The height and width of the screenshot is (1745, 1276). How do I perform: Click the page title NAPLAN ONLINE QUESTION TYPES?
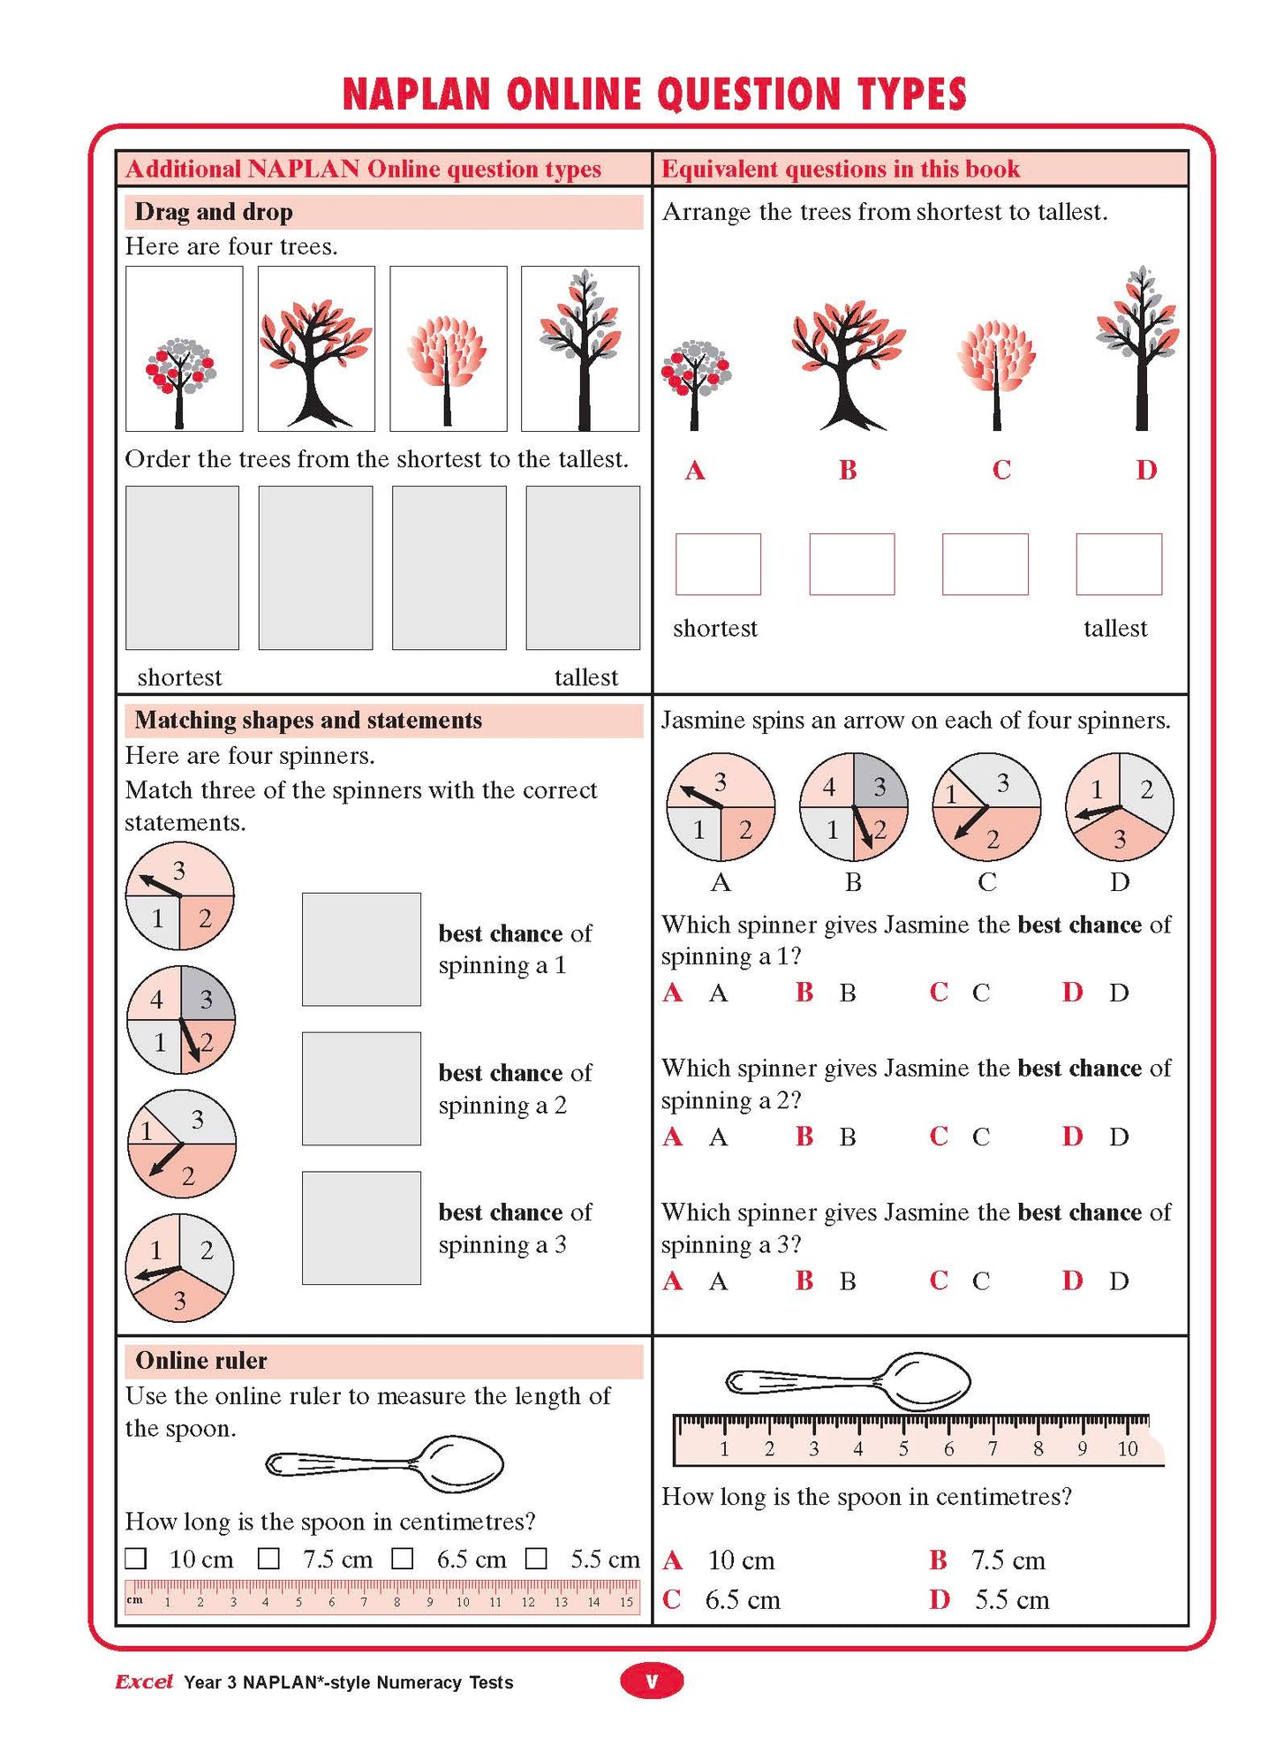653,94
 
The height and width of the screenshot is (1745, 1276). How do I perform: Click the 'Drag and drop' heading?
214,212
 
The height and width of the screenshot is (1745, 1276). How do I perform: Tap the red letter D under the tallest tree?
1145,470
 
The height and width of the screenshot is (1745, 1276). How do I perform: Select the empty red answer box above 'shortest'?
718,563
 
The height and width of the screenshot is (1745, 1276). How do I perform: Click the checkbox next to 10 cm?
136,1559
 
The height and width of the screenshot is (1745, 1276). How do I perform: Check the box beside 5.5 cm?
536,1559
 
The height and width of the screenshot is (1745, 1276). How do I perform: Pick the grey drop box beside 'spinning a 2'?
361,1088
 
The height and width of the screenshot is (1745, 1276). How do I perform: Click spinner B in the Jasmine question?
853,806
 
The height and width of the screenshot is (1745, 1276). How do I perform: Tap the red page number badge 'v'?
652,1681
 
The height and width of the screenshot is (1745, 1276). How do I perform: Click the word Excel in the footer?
144,1681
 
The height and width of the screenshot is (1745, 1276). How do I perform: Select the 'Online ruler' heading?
201,1361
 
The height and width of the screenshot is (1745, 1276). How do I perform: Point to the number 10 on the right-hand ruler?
1127,1448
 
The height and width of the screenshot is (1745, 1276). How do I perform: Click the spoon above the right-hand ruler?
848,1380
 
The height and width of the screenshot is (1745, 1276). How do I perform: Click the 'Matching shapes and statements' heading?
308,721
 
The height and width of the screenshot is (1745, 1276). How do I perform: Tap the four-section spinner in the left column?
181,1020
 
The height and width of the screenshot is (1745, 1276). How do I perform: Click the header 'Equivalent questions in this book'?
841,169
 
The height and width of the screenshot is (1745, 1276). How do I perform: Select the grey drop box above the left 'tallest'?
583,568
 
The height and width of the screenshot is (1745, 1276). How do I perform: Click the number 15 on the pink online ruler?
626,1602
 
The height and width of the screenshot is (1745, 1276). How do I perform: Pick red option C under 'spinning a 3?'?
939,1280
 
